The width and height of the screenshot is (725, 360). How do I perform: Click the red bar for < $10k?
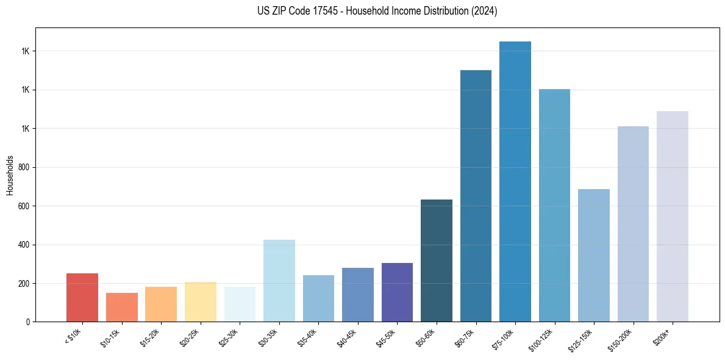[82, 297]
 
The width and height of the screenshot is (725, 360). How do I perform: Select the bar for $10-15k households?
[122, 307]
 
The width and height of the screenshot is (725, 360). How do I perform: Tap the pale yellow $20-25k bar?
[201, 301]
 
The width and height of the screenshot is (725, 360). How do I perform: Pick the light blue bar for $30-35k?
[279, 281]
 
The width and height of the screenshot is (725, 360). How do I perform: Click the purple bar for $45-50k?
[397, 292]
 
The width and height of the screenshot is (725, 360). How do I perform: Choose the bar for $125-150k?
[594, 255]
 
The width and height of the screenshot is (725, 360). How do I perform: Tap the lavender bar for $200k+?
[673, 216]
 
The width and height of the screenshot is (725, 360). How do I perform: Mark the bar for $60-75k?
[476, 196]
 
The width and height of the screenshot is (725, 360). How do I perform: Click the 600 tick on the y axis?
[24, 206]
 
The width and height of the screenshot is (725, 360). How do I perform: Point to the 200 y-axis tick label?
[24, 284]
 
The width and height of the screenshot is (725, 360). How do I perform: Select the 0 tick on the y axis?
[28, 322]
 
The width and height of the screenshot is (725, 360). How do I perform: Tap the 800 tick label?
[24, 167]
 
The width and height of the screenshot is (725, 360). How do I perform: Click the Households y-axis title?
[10, 175]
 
